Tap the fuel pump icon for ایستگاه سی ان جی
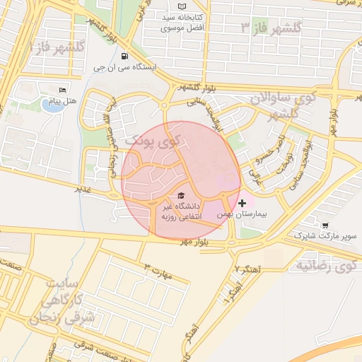click(124, 57)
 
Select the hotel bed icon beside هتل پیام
click(62, 90)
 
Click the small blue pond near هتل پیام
click(52, 106)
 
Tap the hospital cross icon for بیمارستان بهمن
click(242, 203)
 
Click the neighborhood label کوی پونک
click(153, 141)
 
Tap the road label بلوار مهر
click(194, 242)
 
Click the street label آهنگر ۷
click(249, 270)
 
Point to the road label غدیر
click(84, 189)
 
